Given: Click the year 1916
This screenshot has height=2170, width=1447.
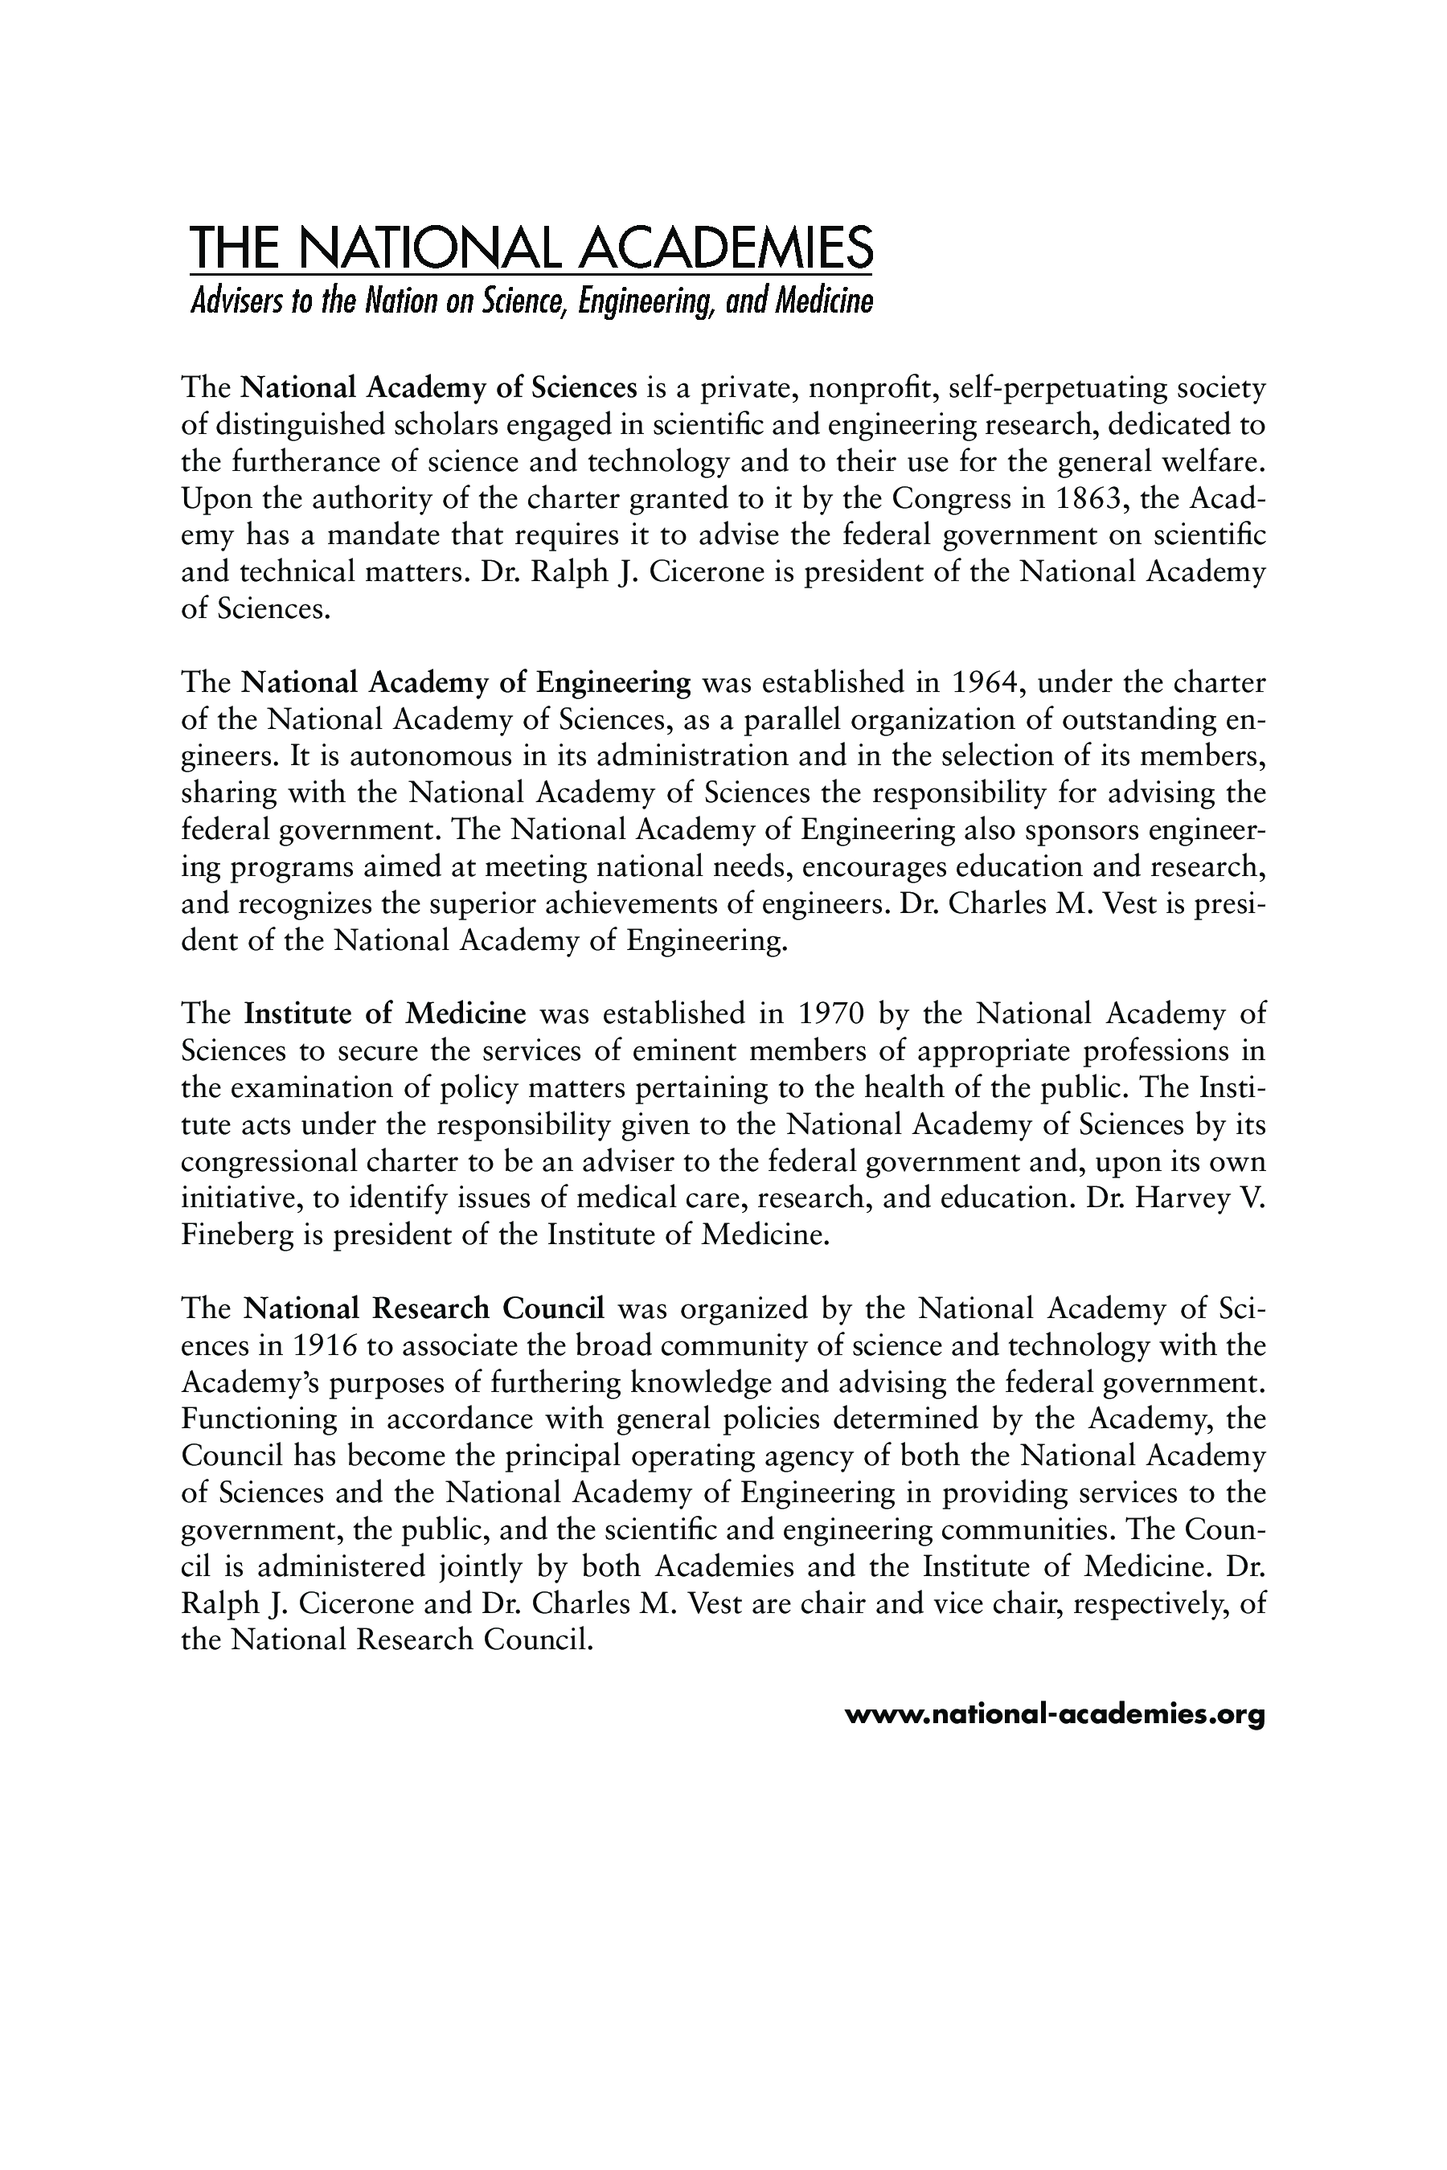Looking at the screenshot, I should coord(323,1345).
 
